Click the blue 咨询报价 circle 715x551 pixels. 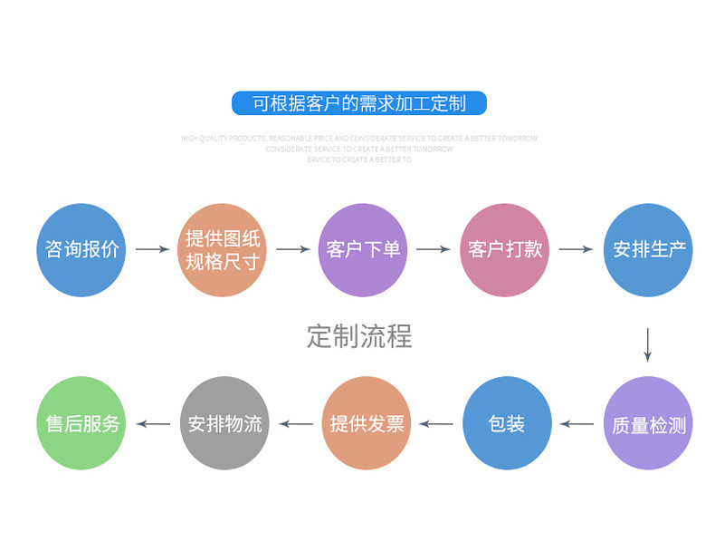click(81, 250)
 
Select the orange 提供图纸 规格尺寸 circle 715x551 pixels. click(223, 250)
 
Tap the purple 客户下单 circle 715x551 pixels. click(363, 250)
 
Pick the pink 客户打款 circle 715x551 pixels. click(505, 250)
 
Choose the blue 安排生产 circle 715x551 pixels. click(648, 250)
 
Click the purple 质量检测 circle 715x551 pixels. click(648, 424)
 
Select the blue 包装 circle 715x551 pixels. click(507, 423)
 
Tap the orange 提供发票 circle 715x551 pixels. click(367, 423)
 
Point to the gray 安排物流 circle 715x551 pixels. click(224, 423)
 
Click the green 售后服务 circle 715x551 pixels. click(82, 423)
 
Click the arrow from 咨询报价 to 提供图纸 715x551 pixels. click(152, 249)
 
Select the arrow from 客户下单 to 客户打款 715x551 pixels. click(434, 249)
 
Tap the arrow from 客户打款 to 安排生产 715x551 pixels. click(577, 249)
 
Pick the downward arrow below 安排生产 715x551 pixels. click(648, 343)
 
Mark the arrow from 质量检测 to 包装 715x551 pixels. click(577, 423)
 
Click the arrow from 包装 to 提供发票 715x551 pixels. click(436, 423)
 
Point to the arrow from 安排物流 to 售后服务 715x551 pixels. click(153, 423)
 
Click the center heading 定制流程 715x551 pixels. click(359, 336)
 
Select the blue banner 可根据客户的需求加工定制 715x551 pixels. click(358, 103)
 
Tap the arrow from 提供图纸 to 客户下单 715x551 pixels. click(293, 249)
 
